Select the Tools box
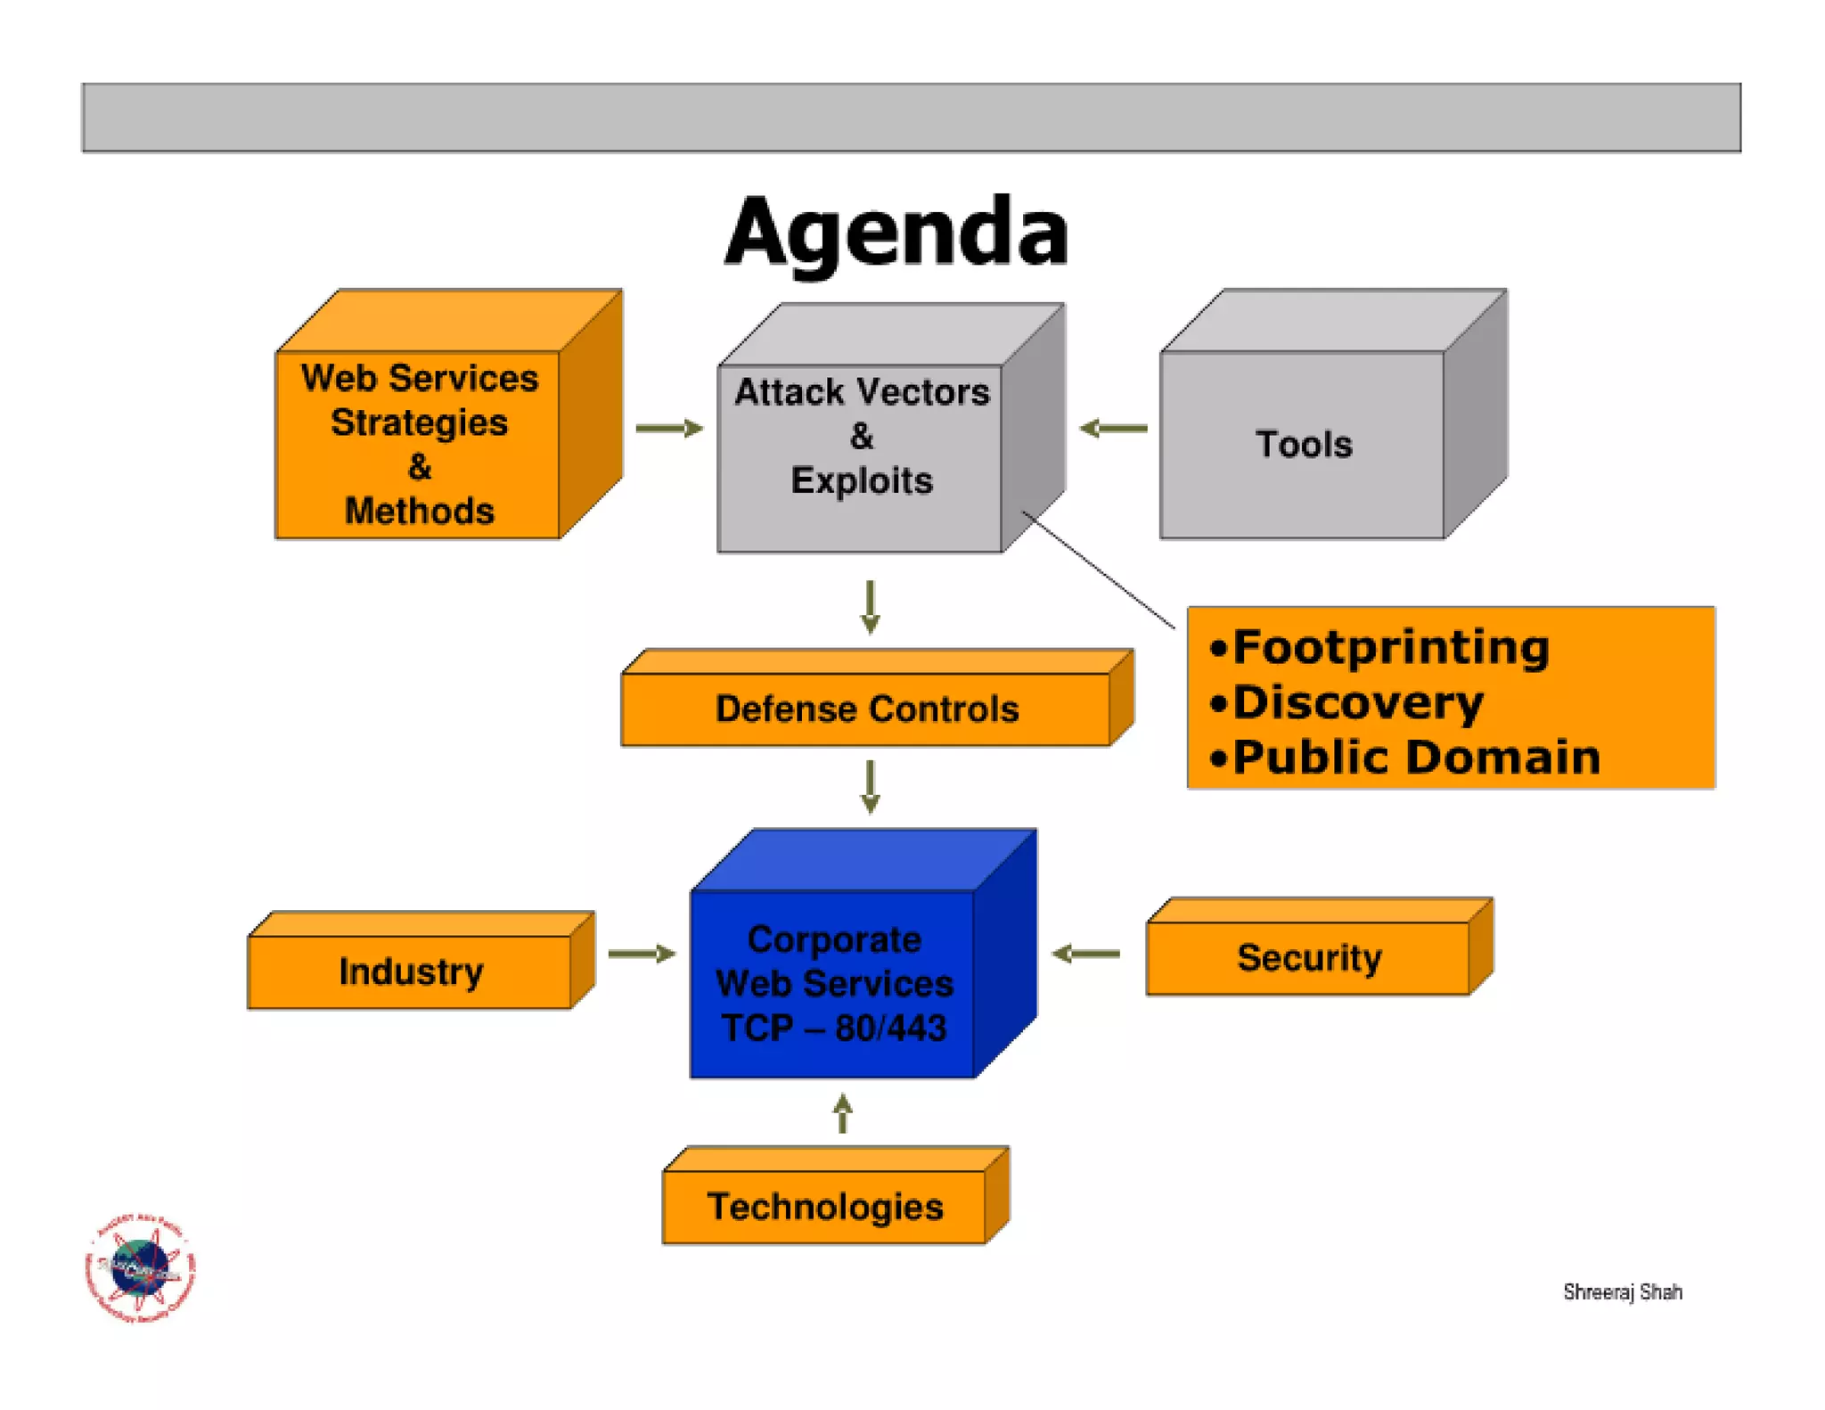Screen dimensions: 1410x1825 click(x=1303, y=444)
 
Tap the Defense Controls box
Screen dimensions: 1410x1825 click(x=866, y=709)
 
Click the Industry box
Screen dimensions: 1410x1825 click(x=411, y=971)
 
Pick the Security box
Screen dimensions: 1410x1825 click(x=1308, y=958)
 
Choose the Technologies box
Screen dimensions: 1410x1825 click(x=824, y=1207)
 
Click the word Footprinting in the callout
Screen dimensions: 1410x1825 click(x=1390, y=647)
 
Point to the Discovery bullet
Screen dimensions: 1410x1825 click(x=1357, y=702)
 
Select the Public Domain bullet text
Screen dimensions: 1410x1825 click(x=1416, y=758)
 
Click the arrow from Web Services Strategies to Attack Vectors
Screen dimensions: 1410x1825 click(x=669, y=429)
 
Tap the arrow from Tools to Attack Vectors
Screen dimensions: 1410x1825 click(x=1113, y=429)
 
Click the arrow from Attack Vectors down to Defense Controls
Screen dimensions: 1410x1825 click(x=871, y=607)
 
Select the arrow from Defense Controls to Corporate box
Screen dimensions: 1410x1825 click(x=871, y=786)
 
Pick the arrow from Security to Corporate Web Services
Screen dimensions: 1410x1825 click(x=1085, y=954)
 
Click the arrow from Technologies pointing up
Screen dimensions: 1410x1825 click(x=843, y=1114)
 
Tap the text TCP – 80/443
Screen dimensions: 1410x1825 click(x=833, y=1029)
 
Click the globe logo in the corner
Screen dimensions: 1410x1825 click(x=140, y=1267)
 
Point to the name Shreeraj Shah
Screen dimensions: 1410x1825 click(x=1622, y=1291)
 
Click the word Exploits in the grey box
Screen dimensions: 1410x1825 click(x=861, y=481)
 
